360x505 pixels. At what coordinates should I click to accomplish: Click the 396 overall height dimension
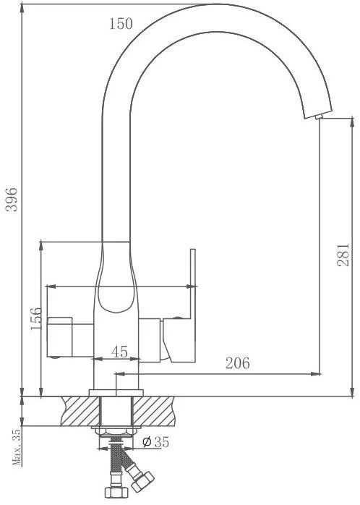point(12,199)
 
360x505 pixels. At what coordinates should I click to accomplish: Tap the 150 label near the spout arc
point(121,24)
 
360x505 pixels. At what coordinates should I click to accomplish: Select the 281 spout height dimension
point(343,255)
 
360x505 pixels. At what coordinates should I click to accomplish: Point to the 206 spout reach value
point(237,363)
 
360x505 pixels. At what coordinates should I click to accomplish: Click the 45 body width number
point(120,352)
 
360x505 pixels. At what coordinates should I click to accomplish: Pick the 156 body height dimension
point(36,318)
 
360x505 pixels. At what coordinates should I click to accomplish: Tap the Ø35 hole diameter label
point(155,442)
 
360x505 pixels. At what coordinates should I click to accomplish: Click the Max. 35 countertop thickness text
point(17,447)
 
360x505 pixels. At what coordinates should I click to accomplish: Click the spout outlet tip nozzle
point(319,116)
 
